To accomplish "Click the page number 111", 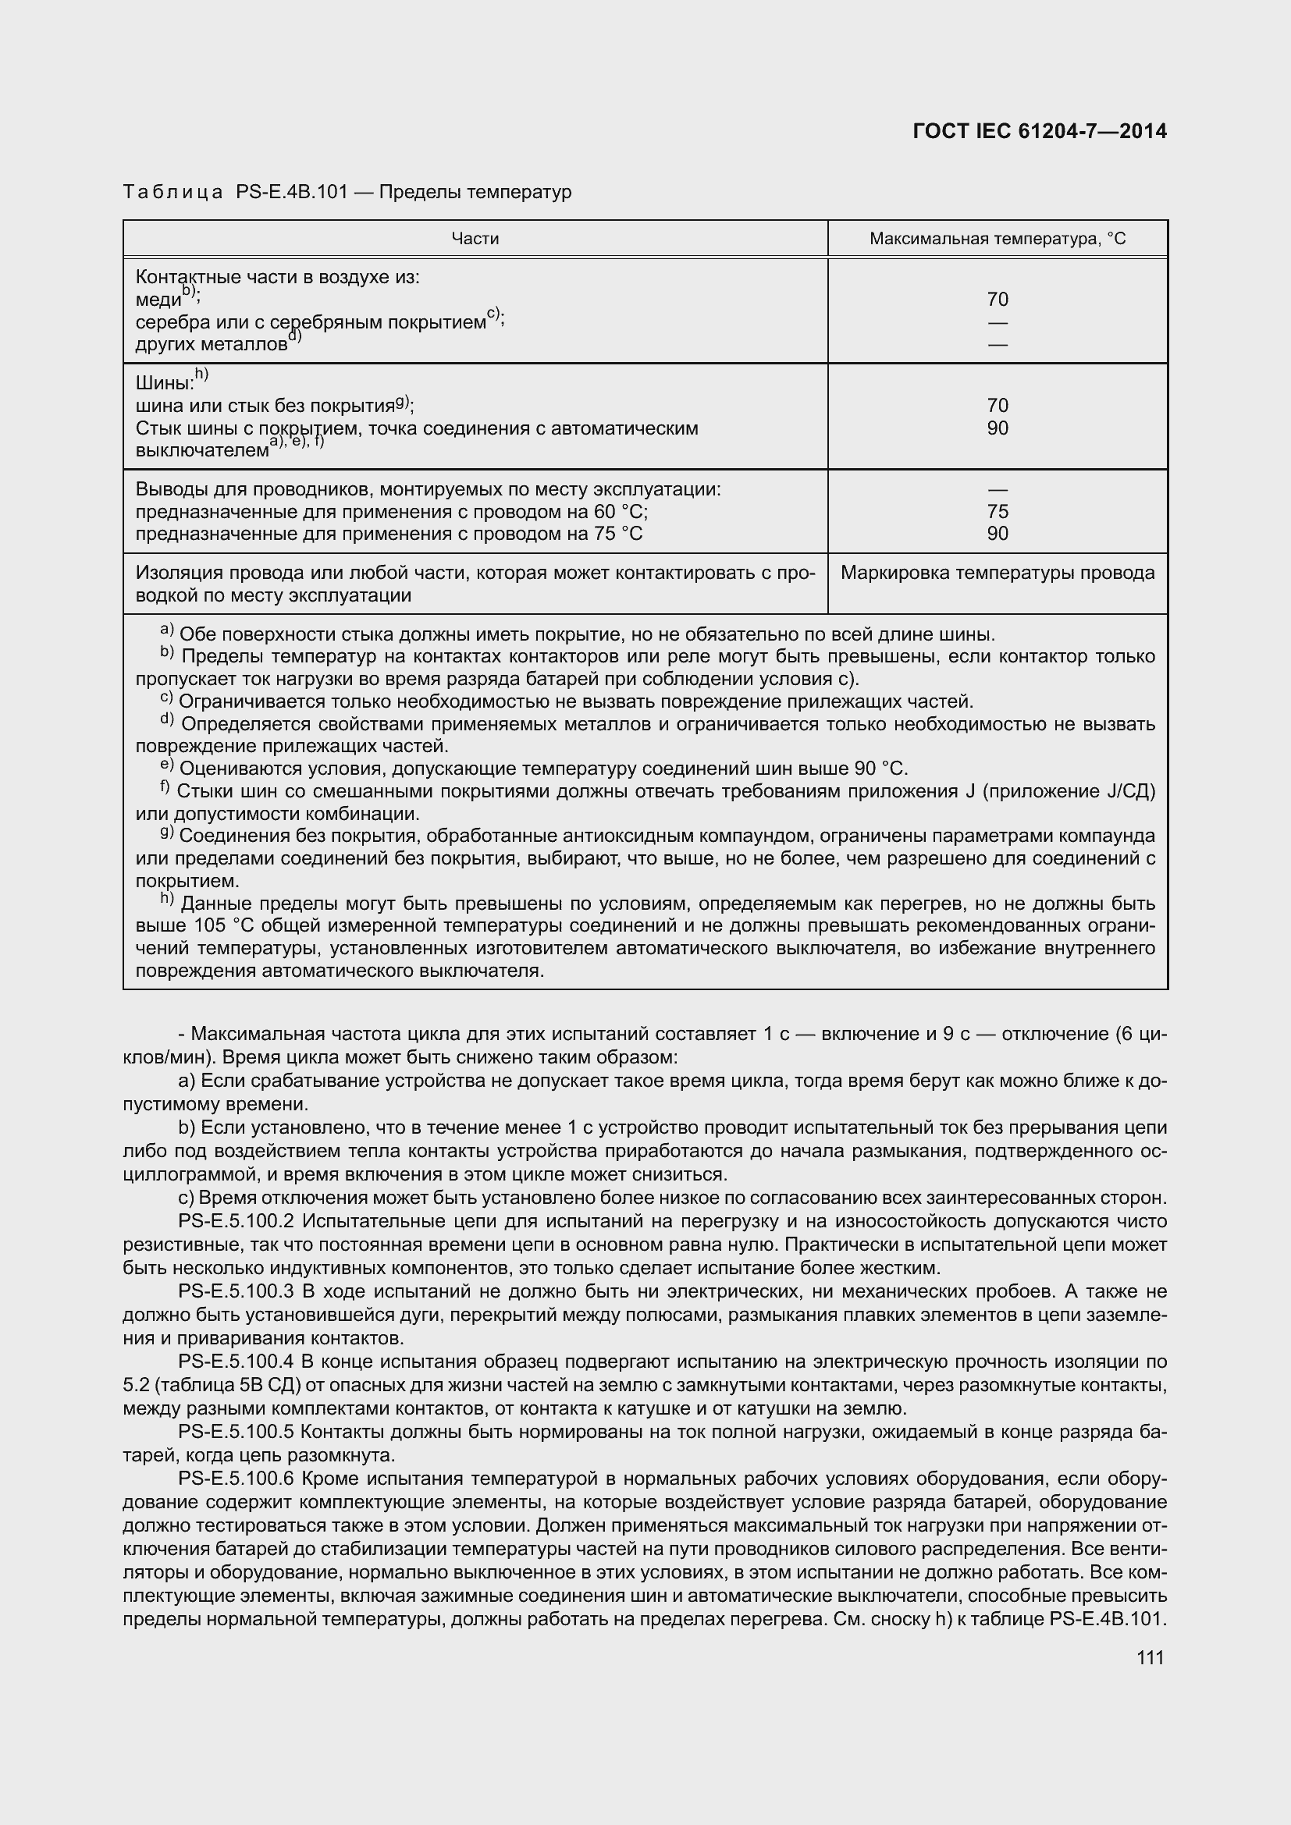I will [x=1150, y=1657].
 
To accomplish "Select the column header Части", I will [x=475, y=239].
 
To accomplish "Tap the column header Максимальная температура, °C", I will [x=997, y=239].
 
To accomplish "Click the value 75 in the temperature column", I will [x=997, y=511].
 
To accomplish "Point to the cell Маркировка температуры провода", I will [x=997, y=573].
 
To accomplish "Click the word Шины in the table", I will [x=164, y=383].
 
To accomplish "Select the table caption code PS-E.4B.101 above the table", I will [x=292, y=193].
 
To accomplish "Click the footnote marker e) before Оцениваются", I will [x=166, y=765].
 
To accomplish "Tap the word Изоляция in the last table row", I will [x=172, y=573].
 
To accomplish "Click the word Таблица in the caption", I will [x=172, y=193].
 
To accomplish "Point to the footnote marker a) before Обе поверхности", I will [x=166, y=630].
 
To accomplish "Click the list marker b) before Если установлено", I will [x=187, y=1128].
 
